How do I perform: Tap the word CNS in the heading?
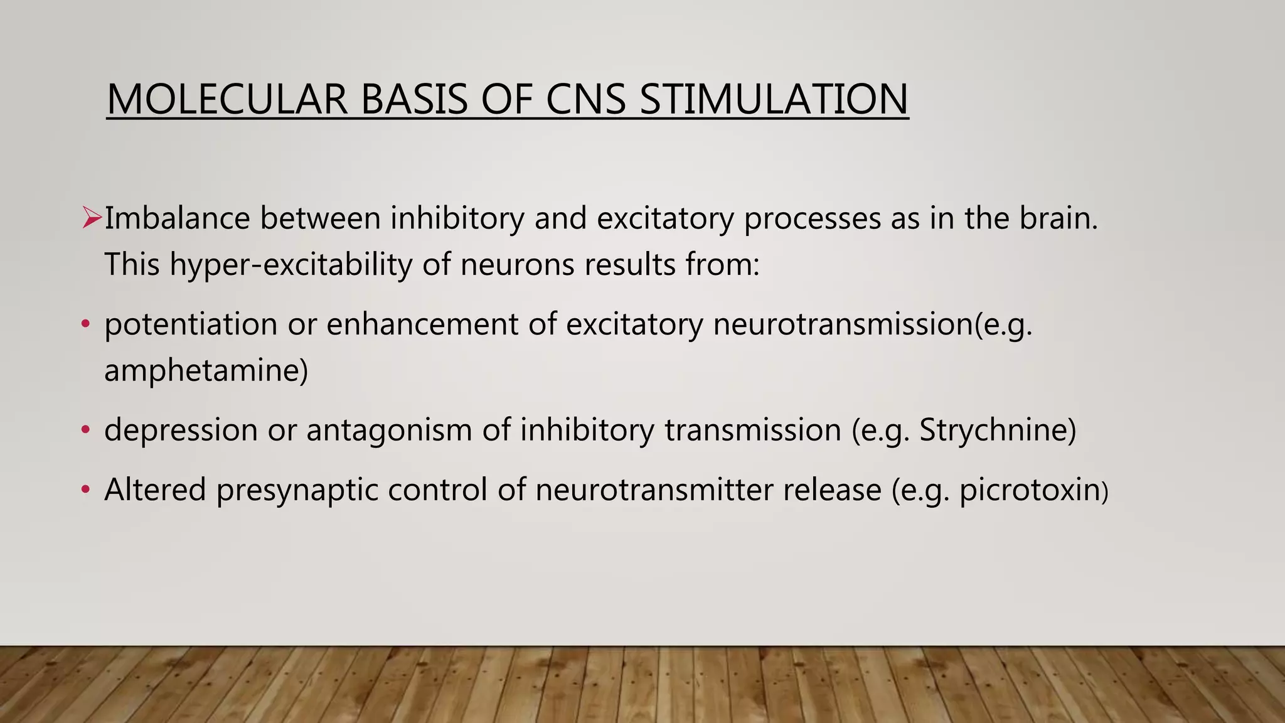click(x=586, y=99)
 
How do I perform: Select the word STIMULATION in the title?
click(x=774, y=99)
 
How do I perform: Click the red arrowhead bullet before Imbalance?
click(x=92, y=218)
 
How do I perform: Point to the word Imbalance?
click(x=177, y=218)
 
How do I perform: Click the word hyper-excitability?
click(x=291, y=265)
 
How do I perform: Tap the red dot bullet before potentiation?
click(x=86, y=324)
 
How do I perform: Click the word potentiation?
click(x=191, y=325)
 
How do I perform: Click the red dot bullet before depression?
click(x=86, y=431)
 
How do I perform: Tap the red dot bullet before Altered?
click(x=86, y=490)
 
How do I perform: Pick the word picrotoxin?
click(x=1030, y=490)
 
